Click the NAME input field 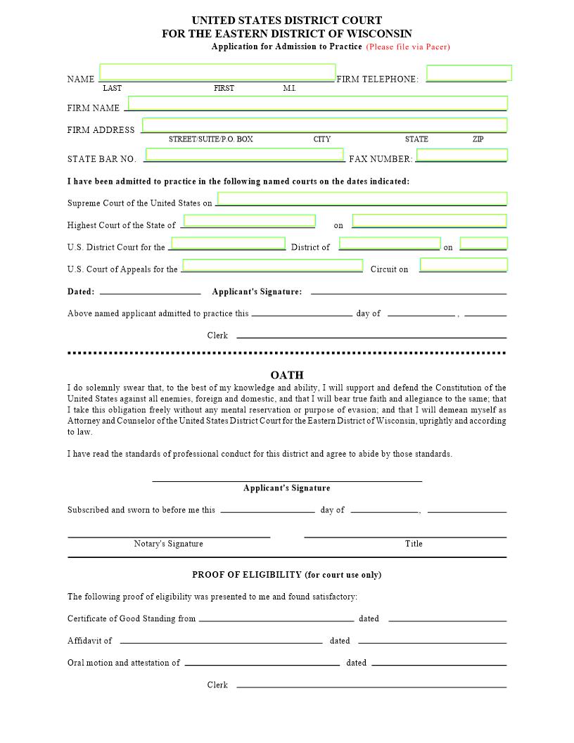click(217, 72)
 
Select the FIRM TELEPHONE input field click(468, 73)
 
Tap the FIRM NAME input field click(317, 103)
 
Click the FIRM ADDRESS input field click(324, 125)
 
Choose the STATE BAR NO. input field click(245, 155)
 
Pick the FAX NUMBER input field click(462, 155)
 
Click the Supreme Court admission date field click(362, 198)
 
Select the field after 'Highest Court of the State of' click(249, 221)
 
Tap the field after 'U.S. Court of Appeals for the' click(273, 265)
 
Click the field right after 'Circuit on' click(464, 265)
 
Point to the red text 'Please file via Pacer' click(408, 47)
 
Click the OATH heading click(287, 376)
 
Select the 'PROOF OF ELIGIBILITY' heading click(287, 575)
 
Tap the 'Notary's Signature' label click(168, 544)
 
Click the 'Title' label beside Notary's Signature click(414, 544)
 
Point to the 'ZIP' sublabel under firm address click(478, 139)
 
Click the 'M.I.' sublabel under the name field click(289, 89)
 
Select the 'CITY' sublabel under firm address click(321, 139)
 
